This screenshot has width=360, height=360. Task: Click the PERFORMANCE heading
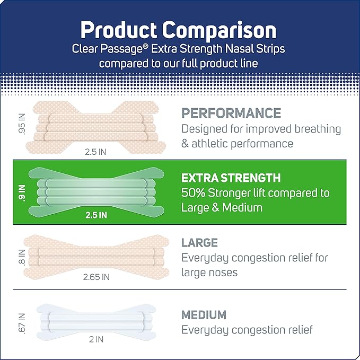(231, 113)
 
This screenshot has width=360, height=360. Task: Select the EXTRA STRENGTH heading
(231, 178)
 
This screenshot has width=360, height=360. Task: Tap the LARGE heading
(199, 243)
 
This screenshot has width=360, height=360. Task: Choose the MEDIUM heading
(204, 314)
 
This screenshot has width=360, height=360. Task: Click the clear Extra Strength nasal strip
(95, 189)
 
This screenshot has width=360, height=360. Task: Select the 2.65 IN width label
(96, 276)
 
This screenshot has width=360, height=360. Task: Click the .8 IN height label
(21, 257)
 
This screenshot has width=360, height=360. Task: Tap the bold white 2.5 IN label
(96, 215)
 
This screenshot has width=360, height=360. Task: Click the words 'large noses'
(209, 273)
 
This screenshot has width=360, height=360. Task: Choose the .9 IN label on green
(22, 190)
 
